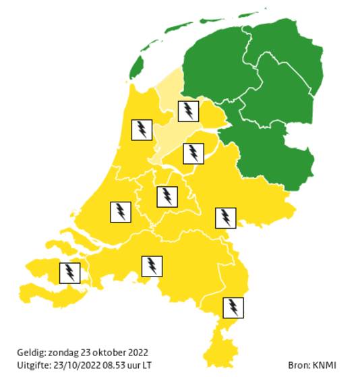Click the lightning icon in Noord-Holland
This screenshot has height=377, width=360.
[x=142, y=129]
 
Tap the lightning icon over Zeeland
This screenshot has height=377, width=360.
[x=69, y=273]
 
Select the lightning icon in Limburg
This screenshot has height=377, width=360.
[x=233, y=308]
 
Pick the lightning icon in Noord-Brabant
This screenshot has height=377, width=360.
[x=152, y=266]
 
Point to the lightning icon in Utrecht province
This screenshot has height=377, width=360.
[x=167, y=196]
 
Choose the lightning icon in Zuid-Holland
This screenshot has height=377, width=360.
[x=120, y=212]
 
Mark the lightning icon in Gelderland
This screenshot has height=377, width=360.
[x=224, y=218]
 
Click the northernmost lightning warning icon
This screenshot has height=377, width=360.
[x=188, y=111]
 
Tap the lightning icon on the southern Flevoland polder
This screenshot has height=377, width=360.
[x=193, y=153]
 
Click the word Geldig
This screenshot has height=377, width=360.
[x=31, y=353]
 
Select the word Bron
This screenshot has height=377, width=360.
[x=299, y=365]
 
